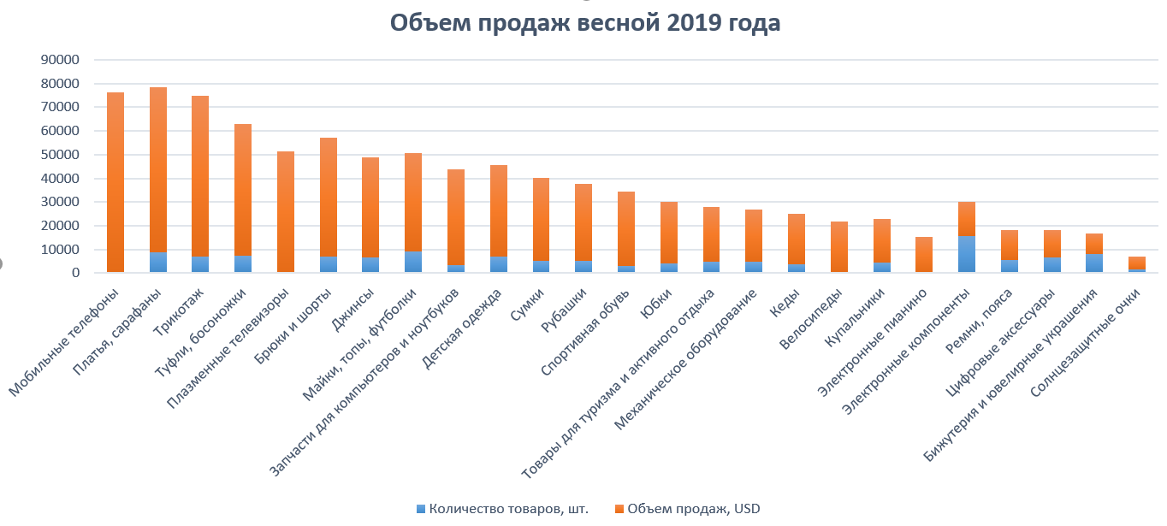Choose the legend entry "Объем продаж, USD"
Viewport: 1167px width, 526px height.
pos(694,509)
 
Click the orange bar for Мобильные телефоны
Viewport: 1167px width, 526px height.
pos(116,180)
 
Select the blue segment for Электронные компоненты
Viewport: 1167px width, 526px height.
pos(966,255)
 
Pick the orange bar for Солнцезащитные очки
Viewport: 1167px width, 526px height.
pos(1136,263)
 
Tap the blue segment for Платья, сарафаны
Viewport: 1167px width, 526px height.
pos(158,263)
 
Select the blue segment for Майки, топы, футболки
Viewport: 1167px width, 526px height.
pos(413,262)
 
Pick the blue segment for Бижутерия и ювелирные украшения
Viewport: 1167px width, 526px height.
pos(1093,263)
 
